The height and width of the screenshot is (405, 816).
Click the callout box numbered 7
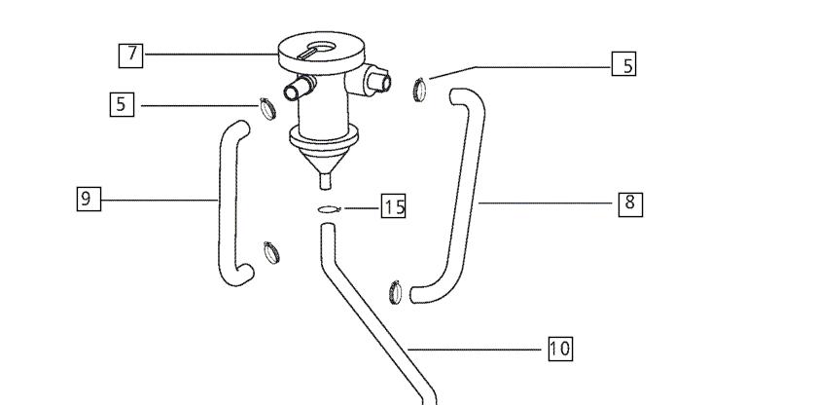coord(130,55)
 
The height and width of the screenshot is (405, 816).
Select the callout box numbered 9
coord(89,199)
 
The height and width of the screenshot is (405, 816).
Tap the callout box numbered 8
coord(630,203)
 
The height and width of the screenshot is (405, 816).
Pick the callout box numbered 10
coord(560,349)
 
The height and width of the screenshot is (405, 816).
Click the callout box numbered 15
coord(394,205)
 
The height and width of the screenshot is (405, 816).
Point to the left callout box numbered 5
coord(122,104)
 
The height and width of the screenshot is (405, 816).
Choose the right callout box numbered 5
coord(623,63)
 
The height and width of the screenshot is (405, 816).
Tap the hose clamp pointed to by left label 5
coord(268,108)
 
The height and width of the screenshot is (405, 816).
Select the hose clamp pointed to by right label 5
coord(419,90)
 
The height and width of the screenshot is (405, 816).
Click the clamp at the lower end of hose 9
coord(271,252)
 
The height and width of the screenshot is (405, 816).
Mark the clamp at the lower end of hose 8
coord(396,292)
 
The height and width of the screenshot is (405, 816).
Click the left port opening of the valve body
coord(291,92)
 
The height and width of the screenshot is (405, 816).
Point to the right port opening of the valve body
coord(385,82)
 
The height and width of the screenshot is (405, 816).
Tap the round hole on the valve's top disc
coord(324,48)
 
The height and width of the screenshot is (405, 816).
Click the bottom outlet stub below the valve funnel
coord(325,181)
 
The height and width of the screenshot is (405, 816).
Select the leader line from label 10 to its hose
coord(475,350)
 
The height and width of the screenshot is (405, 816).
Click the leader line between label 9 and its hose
coord(160,200)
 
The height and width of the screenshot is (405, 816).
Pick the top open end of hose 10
coord(328,226)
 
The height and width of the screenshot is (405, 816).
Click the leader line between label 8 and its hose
coord(546,202)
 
